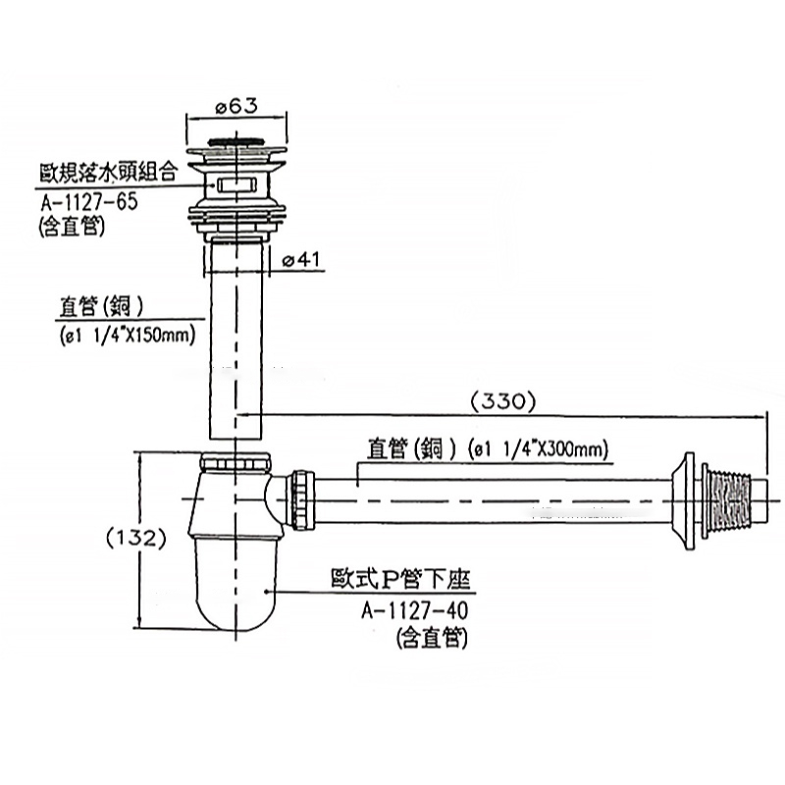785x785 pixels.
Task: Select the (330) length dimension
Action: coord(501,400)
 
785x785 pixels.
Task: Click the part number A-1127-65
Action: coord(89,203)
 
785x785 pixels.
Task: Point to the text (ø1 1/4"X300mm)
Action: coord(537,450)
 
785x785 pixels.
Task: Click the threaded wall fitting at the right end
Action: coord(731,497)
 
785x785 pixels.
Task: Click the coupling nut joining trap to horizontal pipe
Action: coord(300,500)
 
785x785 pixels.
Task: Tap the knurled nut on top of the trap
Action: coord(235,462)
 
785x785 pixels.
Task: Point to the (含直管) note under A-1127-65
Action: coord(75,227)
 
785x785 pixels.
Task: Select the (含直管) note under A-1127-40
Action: coord(432,639)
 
